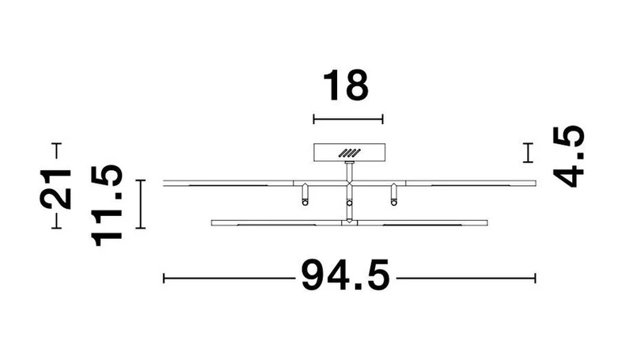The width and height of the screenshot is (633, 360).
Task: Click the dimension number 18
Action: click(346, 85)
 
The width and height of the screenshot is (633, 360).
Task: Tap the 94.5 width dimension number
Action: click(346, 275)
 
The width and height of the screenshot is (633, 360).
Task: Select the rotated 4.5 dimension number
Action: click(568, 157)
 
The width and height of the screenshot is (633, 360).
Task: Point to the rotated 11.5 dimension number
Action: click(108, 206)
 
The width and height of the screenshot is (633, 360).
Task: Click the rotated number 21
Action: click(55, 189)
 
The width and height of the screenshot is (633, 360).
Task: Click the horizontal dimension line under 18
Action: click(348, 119)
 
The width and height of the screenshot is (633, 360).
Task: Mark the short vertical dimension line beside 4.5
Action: click(528, 153)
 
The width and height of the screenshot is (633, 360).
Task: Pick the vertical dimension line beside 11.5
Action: click(140, 204)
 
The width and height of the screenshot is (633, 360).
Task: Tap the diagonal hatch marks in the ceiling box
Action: click(349, 153)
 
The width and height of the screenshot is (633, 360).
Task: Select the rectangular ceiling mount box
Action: click(349, 153)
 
